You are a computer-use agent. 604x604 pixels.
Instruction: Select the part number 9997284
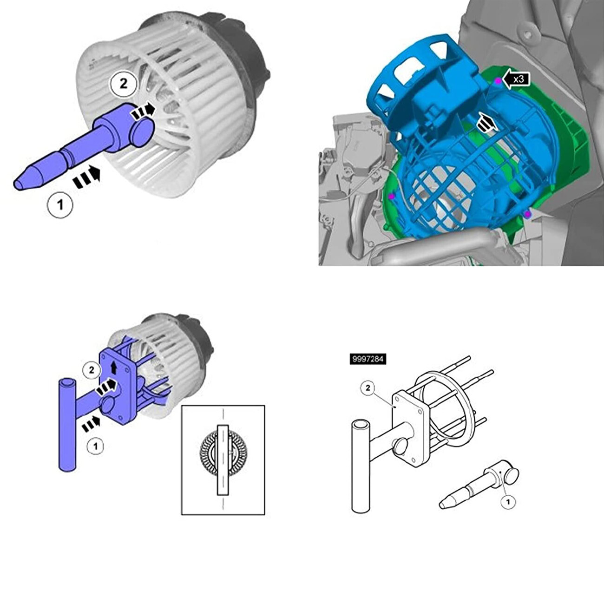click(368, 359)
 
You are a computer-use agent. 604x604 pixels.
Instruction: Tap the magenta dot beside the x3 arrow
click(498, 81)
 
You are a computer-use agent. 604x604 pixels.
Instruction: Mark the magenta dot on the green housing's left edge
click(391, 196)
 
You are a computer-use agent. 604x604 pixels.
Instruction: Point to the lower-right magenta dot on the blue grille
click(528, 214)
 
